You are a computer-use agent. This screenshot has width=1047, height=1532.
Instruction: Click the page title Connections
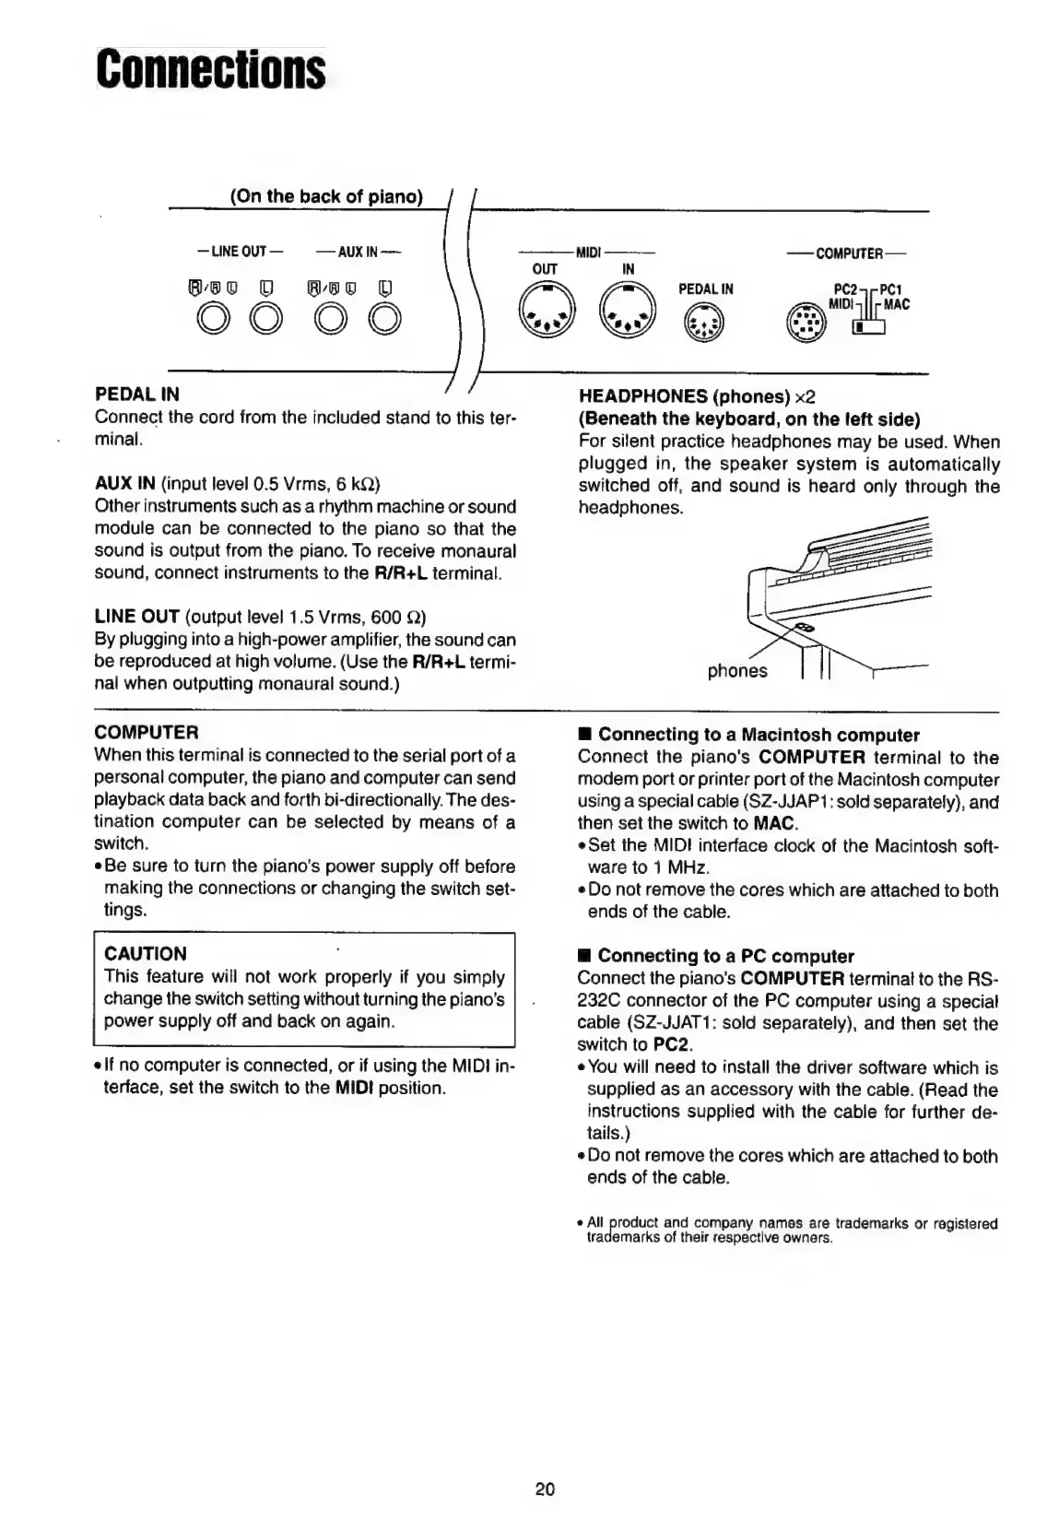click(211, 71)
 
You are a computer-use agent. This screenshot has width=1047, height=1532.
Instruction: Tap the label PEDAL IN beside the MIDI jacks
click(705, 289)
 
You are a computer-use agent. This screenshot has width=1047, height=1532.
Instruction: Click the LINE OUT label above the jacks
click(240, 251)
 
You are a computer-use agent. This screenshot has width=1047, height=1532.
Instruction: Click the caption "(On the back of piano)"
click(326, 196)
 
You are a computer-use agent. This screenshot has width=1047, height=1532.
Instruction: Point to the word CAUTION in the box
click(146, 954)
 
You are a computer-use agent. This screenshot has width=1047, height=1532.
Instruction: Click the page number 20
click(545, 1488)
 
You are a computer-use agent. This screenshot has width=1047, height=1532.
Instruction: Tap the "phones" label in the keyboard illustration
click(736, 671)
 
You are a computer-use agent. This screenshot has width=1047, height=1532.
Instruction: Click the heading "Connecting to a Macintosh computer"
click(759, 735)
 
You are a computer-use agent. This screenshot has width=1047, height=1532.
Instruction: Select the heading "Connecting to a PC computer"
click(725, 956)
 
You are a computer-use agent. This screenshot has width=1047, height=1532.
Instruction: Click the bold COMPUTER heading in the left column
click(147, 733)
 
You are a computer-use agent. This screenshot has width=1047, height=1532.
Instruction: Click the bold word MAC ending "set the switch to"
click(774, 823)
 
